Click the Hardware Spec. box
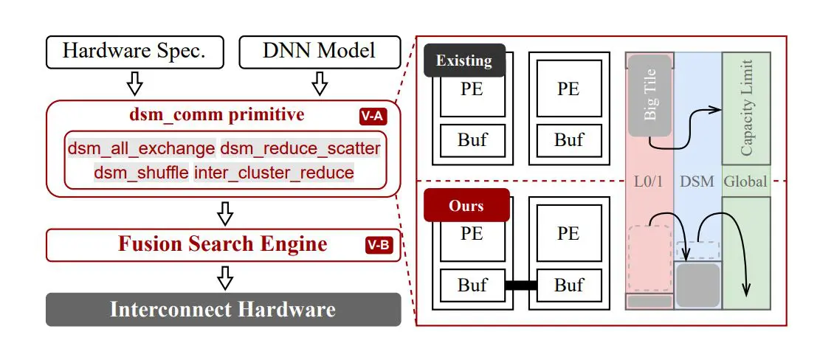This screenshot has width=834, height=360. [133, 51]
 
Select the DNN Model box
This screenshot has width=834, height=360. [319, 51]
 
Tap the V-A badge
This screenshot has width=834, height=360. [373, 116]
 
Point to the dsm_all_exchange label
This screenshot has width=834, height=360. [142, 148]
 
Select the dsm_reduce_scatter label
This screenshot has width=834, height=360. [300, 148]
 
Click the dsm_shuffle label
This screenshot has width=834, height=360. [141, 173]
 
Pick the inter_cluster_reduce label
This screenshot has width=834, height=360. [274, 173]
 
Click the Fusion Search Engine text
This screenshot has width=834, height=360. [222, 244]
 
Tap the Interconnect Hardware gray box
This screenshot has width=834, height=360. [223, 309]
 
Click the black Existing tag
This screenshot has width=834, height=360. [463, 60]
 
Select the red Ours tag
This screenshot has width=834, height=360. [466, 206]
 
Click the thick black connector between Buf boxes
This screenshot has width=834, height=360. [521, 285]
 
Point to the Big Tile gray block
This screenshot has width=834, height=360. [649, 94]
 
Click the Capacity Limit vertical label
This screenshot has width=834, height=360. [746, 108]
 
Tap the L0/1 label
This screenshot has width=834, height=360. [649, 181]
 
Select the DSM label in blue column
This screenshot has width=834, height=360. [697, 181]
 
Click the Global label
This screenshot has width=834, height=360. [745, 181]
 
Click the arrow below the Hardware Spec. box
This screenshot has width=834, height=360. [134, 83]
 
